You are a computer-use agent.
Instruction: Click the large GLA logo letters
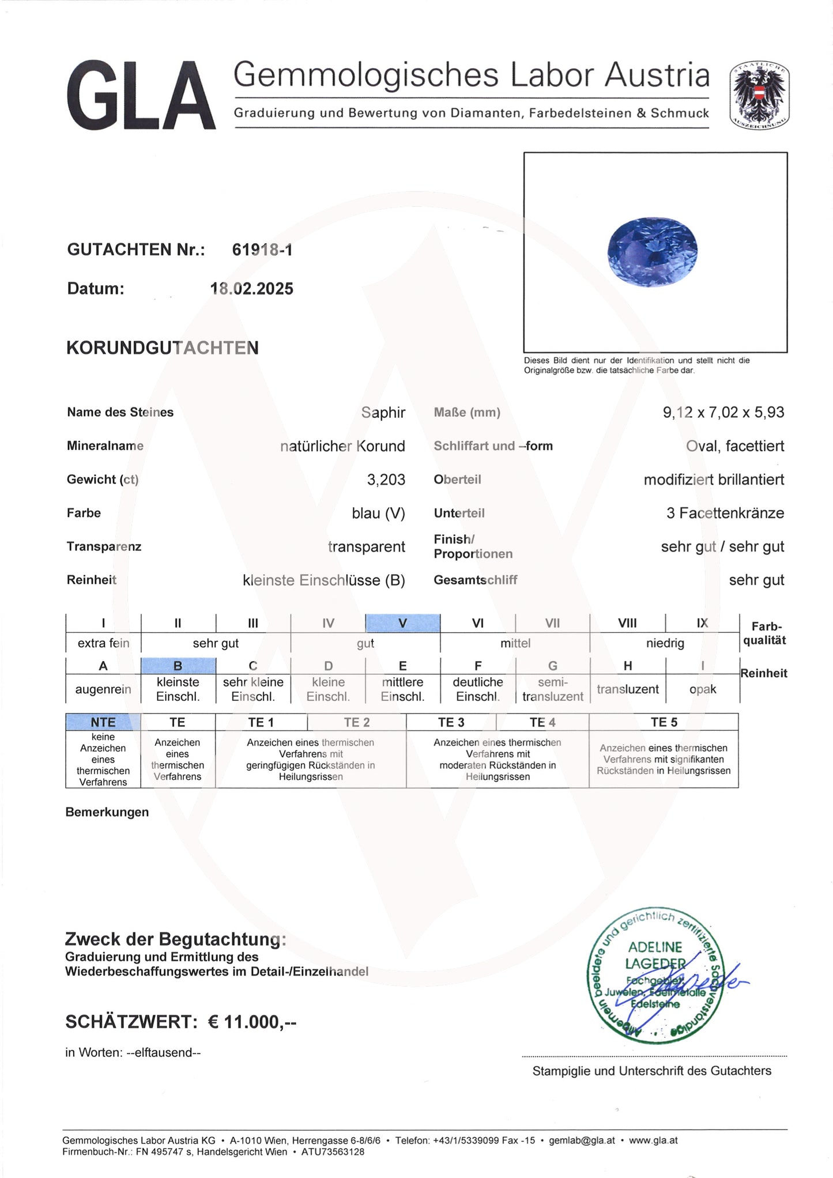[x=141, y=96]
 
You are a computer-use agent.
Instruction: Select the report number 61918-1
[x=262, y=250]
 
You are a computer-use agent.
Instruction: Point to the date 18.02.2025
[x=252, y=289]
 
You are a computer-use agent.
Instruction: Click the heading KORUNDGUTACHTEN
[x=163, y=348]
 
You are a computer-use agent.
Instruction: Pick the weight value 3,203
[x=386, y=479]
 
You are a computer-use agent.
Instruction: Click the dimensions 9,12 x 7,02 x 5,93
[x=723, y=413]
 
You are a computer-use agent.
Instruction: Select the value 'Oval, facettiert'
[x=734, y=446]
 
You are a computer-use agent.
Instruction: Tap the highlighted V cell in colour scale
[x=402, y=623]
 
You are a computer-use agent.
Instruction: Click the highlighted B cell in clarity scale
[x=178, y=666]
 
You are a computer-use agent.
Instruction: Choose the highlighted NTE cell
[x=103, y=722]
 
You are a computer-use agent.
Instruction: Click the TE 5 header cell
[x=664, y=722]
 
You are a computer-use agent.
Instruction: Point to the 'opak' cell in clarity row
[x=702, y=689]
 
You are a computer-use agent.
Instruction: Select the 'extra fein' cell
[x=103, y=643]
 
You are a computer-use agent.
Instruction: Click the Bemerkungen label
[x=107, y=812]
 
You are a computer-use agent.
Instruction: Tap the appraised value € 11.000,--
[x=252, y=1022]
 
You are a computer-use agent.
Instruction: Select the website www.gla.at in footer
[x=653, y=1140]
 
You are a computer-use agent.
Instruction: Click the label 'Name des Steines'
[x=120, y=413]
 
